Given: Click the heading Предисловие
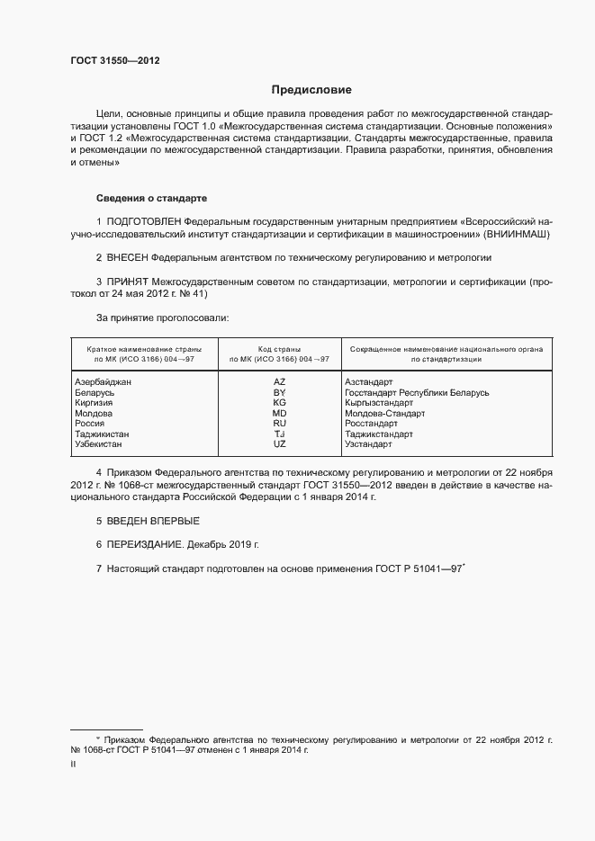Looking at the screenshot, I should point(311,90).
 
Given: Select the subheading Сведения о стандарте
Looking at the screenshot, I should point(152,198).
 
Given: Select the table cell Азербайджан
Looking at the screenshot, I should point(104,382).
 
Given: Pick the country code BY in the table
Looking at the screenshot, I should point(279,393).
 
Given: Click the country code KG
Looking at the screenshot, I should point(279,403).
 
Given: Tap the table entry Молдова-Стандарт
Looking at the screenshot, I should point(384,414).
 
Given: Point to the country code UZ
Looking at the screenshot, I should point(279,444).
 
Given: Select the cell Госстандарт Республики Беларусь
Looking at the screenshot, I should point(417,393).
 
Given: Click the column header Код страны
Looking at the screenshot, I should point(279,348).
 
